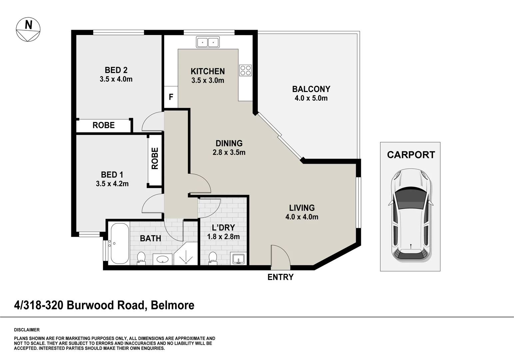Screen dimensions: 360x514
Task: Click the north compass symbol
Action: point(28,30)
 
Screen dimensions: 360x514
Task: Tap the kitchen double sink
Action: point(208,42)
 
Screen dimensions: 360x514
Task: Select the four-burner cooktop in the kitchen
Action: point(246,70)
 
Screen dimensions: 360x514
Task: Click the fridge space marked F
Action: point(171,97)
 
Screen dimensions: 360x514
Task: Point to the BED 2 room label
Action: point(116,70)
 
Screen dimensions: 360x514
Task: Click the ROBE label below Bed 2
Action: point(104,125)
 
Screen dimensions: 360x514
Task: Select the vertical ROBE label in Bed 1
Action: point(155,158)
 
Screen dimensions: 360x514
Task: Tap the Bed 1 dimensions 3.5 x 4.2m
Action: point(112,184)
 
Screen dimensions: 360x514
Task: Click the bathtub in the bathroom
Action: point(119,243)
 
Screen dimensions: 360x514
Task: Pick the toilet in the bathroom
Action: point(141,258)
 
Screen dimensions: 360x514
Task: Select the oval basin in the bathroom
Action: point(163,259)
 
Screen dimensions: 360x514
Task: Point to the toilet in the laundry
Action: point(213,258)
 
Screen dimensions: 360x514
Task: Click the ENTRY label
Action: point(280,277)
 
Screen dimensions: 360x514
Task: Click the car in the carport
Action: point(410,215)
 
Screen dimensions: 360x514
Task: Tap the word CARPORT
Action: point(411,155)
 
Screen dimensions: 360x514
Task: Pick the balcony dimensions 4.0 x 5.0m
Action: point(311,98)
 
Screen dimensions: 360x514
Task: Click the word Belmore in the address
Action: point(173,305)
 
